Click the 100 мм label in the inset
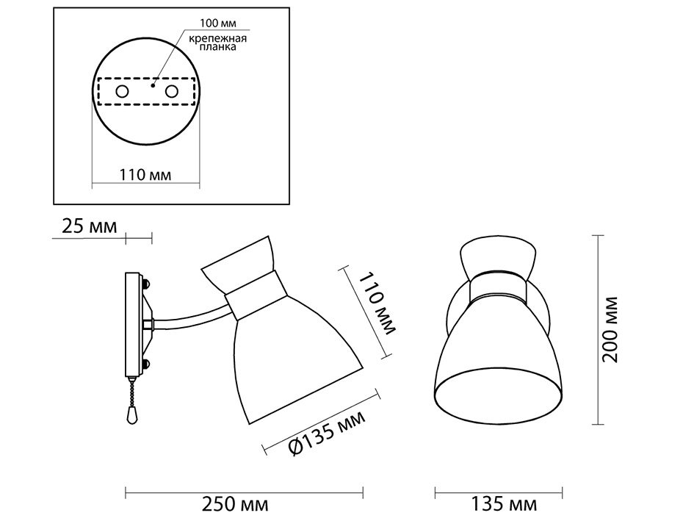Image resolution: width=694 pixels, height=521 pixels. pos(218,23)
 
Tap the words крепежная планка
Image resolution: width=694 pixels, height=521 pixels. pos(218,42)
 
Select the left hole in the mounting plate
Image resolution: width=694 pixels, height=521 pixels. pos(122,92)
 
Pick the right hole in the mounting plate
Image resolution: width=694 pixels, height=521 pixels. pos(172,92)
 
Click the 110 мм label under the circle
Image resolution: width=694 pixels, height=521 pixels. pos(145,175)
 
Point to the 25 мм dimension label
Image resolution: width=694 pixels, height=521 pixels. pos(90,226)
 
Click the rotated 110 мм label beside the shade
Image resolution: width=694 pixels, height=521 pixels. pos(377,304)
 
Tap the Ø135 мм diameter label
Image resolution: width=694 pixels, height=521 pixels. pos(327,434)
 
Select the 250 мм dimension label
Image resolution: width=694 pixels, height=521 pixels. pos(235,503)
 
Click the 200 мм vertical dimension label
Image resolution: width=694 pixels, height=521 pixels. pos(610,329)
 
